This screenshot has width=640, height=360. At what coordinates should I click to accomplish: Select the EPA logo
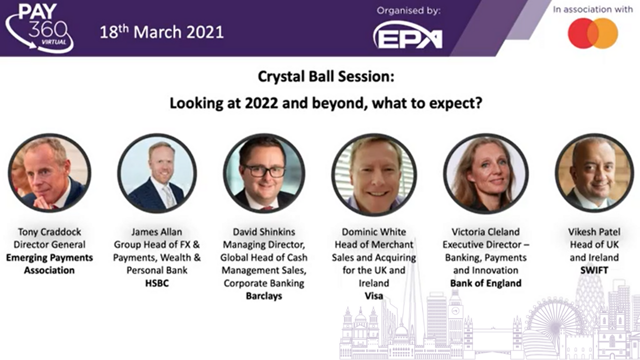(x=407, y=35)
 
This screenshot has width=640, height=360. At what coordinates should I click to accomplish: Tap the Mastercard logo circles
(x=593, y=33)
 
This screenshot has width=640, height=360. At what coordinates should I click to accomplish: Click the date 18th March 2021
(x=161, y=31)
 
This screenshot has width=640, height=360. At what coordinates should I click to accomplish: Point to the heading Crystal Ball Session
(x=326, y=76)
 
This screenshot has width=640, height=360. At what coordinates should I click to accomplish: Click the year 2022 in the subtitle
(x=261, y=103)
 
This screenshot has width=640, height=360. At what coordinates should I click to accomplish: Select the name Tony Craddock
(x=49, y=231)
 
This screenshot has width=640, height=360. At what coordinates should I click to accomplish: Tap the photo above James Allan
(x=157, y=173)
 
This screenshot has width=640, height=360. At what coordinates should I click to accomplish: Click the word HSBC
(x=157, y=283)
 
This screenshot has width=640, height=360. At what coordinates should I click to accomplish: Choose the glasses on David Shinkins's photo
(x=263, y=171)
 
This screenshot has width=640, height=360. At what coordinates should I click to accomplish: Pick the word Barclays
(x=263, y=296)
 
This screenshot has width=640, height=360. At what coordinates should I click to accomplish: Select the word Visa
(x=373, y=296)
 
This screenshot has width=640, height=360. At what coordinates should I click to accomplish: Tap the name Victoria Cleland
(x=485, y=231)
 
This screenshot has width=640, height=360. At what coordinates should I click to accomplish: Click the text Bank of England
(x=485, y=283)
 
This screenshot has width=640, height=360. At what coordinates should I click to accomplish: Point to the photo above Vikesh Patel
(x=594, y=173)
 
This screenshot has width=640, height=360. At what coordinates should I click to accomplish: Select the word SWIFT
(x=594, y=270)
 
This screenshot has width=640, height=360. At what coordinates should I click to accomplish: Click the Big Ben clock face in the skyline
(x=455, y=311)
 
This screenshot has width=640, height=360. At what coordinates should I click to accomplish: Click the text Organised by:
(x=408, y=11)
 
